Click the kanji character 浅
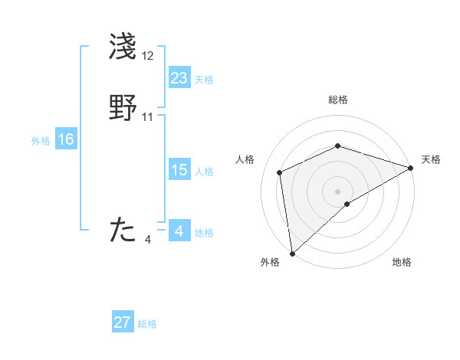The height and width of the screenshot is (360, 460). [x=123, y=47]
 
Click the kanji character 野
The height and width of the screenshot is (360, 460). [x=123, y=108]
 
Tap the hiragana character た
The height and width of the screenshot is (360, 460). [x=123, y=231]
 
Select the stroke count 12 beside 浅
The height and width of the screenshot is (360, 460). [x=148, y=57]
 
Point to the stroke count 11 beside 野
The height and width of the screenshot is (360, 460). [x=148, y=117]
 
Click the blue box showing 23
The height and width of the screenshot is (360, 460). [x=179, y=78]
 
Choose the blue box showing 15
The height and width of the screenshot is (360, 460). [x=179, y=170]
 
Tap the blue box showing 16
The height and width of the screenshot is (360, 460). [x=66, y=139]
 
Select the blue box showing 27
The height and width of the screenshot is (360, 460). [x=123, y=322]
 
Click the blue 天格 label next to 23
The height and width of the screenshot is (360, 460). [x=204, y=80]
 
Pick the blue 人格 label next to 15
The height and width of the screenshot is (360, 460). [x=204, y=172]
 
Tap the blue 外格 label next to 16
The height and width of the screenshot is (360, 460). [x=41, y=141]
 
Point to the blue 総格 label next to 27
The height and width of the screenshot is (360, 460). [x=147, y=324]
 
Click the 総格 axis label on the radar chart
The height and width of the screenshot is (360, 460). [x=338, y=100]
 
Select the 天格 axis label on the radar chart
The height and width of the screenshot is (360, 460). [x=431, y=159]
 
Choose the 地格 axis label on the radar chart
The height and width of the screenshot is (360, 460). [x=402, y=263]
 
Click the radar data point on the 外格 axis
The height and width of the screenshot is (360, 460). [x=292, y=254]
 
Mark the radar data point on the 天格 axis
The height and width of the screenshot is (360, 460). [x=410, y=168]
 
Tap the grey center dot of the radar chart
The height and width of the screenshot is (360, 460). [x=338, y=191]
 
